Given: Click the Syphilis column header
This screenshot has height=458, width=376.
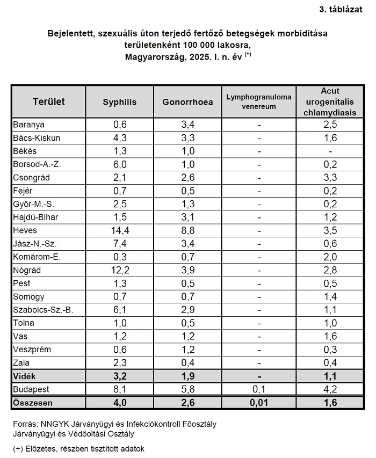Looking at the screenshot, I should [x=119, y=101].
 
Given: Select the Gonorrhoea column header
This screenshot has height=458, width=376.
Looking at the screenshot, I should [x=187, y=101].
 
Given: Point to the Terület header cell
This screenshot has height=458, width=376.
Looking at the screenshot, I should [x=48, y=101].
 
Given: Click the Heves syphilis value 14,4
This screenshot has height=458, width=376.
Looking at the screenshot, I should [x=119, y=230].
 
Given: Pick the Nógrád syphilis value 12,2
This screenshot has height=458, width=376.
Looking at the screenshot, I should [x=119, y=270].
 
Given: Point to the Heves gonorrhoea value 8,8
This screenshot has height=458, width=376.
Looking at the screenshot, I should [x=187, y=230].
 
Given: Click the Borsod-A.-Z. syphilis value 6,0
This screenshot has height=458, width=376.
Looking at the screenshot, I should [x=119, y=164].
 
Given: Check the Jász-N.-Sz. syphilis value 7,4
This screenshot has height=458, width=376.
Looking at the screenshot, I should [x=119, y=243].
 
